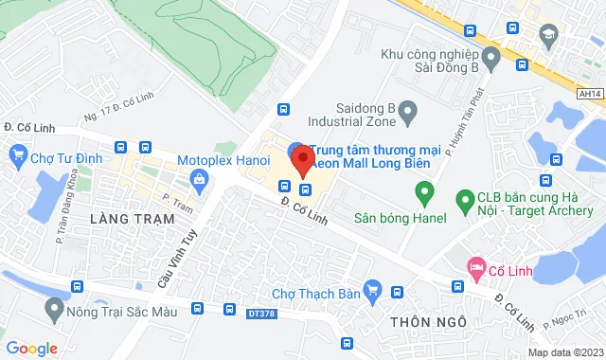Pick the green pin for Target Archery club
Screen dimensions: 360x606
(x=465, y=199)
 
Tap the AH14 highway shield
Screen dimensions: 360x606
(x=589, y=94)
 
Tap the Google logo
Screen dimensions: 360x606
(x=31, y=349)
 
